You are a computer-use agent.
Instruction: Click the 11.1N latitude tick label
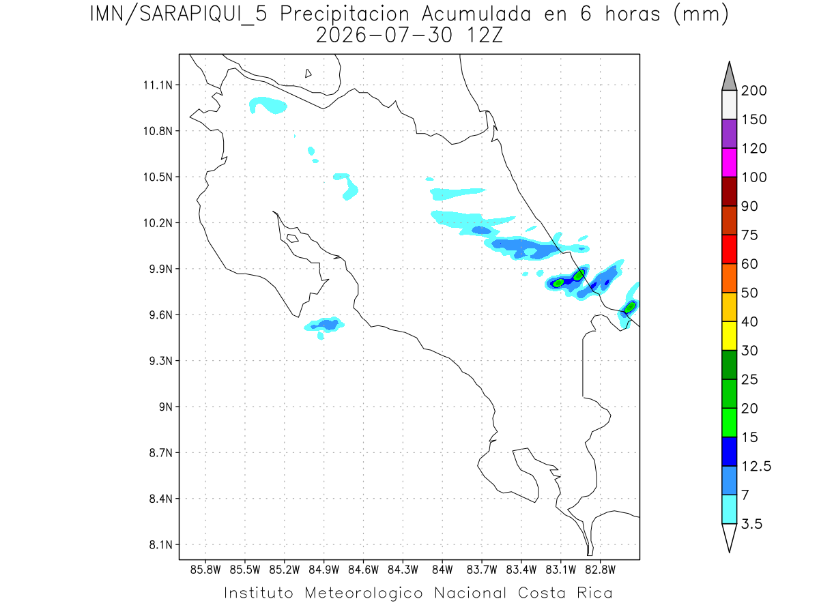pyautogui.click(x=158, y=85)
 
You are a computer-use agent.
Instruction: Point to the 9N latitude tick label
pyautogui.click(x=166, y=407)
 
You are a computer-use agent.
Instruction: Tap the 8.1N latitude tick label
pyautogui.click(x=161, y=544)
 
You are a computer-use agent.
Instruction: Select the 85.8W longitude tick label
pyautogui.click(x=205, y=570)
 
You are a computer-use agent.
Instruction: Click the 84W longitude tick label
pyautogui.click(x=442, y=570)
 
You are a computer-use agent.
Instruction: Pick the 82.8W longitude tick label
pyautogui.click(x=600, y=570)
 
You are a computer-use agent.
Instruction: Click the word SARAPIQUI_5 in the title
pyautogui.click(x=203, y=15)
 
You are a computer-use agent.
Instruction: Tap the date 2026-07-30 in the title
pyautogui.click(x=384, y=35)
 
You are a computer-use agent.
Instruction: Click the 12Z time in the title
pyautogui.click(x=485, y=35)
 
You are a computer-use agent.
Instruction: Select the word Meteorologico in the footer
pyautogui.click(x=363, y=593)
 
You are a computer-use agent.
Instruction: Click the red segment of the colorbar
pyautogui.click(x=729, y=249)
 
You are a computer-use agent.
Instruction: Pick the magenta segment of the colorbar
pyautogui.click(x=729, y=162)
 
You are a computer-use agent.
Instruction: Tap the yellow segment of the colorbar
pyautogui.click(x=729, y=336)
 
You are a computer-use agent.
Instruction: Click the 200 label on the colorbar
pyautogui.click(x=753, y=91)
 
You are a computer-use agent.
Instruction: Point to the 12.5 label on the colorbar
pyautogui.click(x=756, y=467)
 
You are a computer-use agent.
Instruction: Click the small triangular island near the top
pyautogui.click(x=307, y=74)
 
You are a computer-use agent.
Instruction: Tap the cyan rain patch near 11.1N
pyautogui.click(x=267, y=105)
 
